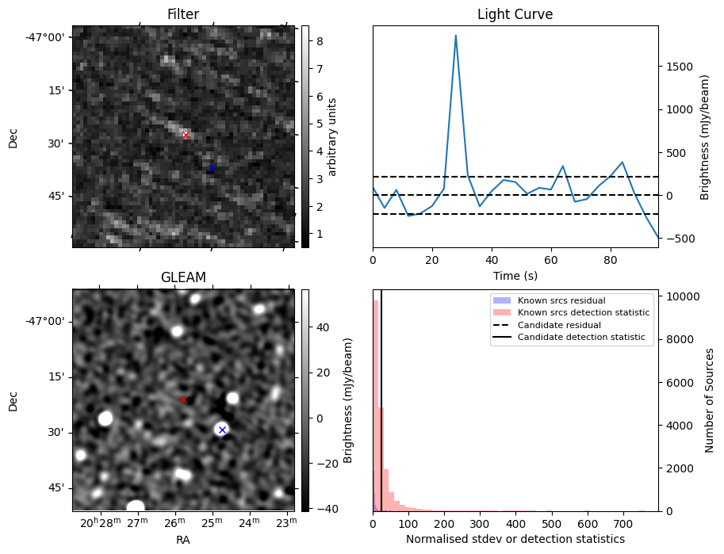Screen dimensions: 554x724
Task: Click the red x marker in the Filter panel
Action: [x=186, y=136]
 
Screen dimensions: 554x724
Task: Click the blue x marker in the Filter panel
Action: [x=212, y=168]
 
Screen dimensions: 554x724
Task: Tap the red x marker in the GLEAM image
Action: [x=183, y=400]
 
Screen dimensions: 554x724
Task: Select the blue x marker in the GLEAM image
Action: [x=222, y=430]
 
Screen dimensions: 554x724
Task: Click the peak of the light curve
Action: [x=456, y=36]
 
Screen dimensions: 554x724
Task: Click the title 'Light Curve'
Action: [x=515, y=14]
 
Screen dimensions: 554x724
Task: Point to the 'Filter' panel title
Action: [x=183, y=14]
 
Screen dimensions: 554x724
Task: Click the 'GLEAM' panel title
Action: [x=183, y=277]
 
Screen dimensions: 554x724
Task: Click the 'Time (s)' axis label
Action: [x=515, y=274]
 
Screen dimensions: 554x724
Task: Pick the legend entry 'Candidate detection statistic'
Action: [x=583, y=338]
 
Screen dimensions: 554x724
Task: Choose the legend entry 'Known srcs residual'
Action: [x=561, y=300]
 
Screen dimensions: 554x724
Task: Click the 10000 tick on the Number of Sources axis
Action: [x=682, y=296]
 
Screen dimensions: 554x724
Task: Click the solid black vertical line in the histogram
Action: [x=381, y=396]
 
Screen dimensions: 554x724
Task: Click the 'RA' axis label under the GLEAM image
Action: [x=183, y=540]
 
